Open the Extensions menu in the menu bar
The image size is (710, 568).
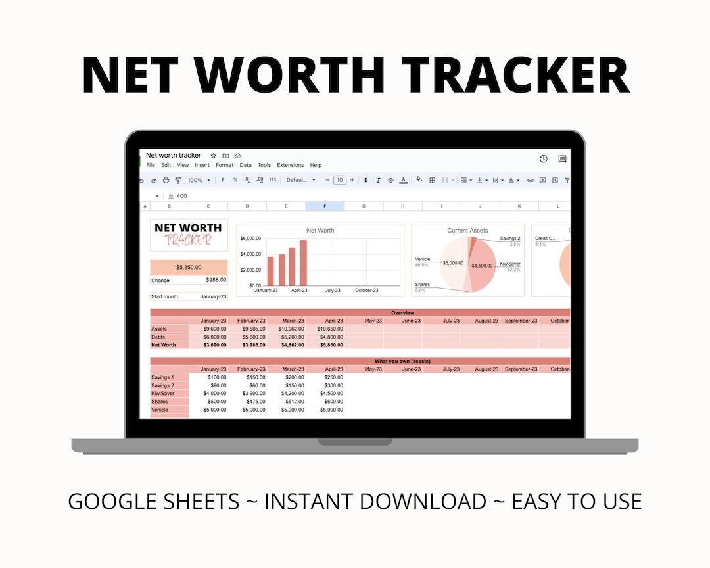tap(290, 165)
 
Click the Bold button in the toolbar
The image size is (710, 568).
tap(366, 180)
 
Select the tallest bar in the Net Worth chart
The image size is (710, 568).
tap(304, 262)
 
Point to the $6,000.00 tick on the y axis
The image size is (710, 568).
tap(250, 238)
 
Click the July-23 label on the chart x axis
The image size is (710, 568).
tap(333, 290)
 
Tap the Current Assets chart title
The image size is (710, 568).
tap(467, 231)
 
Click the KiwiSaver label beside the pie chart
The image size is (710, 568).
tap(510, 263)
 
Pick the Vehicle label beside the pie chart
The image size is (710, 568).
tap(422, 259)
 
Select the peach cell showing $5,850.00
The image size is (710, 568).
tap(189, 267)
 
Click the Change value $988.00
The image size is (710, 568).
tap(216, 280)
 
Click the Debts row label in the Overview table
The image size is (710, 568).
tap(159, 337)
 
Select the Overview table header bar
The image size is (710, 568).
tap(402, 313)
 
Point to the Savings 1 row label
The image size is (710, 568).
tap(162, 377)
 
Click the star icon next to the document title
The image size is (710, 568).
tap(213, 156)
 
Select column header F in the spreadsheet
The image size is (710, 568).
tap(325, 206)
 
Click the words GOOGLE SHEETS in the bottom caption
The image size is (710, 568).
tap(154, 502)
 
